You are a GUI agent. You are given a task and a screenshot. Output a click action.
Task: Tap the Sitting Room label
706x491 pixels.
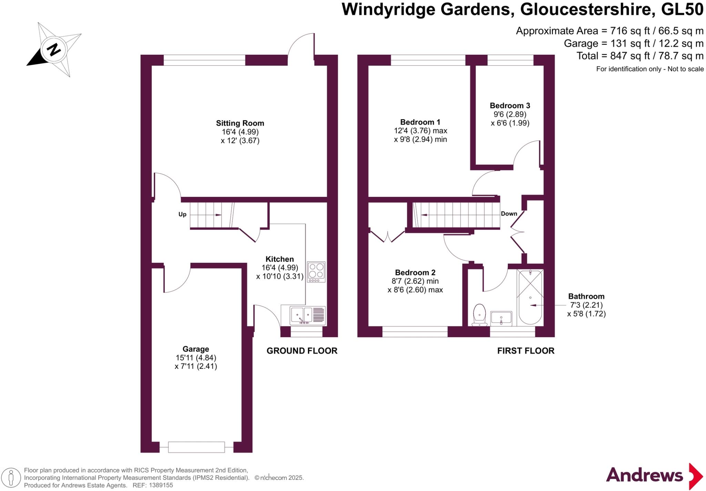click(x=240, y=123)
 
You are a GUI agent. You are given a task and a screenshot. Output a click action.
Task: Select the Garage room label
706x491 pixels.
click(x=196, y=349)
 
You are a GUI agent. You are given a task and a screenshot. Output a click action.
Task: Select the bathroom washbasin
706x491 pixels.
click(x=501, y=318)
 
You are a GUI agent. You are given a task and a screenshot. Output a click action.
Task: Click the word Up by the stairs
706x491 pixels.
click(x=182, y=215)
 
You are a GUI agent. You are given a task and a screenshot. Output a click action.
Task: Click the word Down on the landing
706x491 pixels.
click(x=509, y=214)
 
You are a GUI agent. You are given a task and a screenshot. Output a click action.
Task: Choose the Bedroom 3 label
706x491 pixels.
click(x=510, y=106)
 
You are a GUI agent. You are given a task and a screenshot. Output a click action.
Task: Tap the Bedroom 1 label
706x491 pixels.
click(x=420, y=122)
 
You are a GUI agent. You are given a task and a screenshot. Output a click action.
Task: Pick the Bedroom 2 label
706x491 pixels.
click(x=415, y=273)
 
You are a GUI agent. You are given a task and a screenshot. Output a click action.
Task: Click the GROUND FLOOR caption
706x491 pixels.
click(x=302, y=351)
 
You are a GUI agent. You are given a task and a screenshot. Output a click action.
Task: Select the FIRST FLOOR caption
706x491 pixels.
click(x=526, y=351)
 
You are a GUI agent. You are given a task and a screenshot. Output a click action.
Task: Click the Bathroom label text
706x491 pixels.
click(x=586, y=296)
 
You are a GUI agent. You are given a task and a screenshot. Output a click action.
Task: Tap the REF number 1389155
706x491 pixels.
click(x=161, y=485)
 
